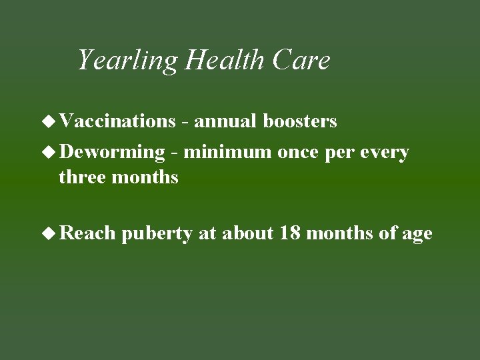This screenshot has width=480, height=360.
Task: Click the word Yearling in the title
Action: point(128,61)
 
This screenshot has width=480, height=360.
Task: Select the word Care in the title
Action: point(301,61)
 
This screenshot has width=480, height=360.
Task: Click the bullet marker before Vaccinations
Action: point(49,121)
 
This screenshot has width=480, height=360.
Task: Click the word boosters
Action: point(300,121)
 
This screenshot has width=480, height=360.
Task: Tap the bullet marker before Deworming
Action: point(49,152)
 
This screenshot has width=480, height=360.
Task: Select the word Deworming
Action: point(111,153)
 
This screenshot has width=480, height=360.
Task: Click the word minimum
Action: point(228,152)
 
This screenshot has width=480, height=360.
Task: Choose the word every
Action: point(383,153)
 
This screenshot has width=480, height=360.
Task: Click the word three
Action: point(81,177)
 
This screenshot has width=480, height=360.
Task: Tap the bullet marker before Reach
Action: point(49,233)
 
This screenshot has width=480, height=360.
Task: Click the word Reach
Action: point(87,233)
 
